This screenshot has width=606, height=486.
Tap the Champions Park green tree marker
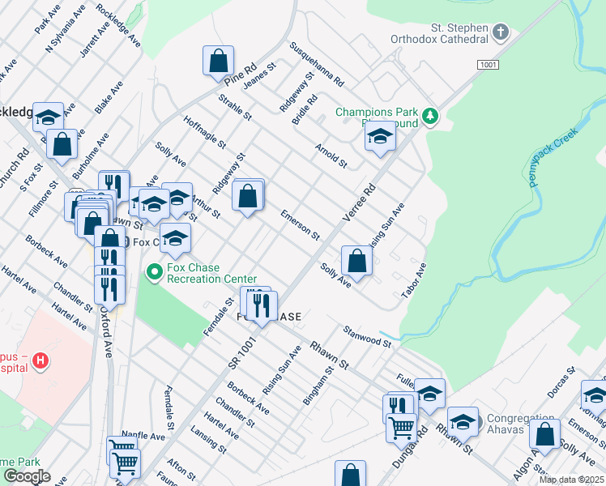[432, 117]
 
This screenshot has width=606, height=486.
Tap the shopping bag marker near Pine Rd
[218, 61]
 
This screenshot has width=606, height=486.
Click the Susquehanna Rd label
[317, 65]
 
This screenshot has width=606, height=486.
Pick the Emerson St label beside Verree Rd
[300, 224]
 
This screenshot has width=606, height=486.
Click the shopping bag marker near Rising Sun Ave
[356, 260]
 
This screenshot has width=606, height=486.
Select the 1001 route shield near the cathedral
[488, 64]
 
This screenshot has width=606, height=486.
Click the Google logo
[27, 476]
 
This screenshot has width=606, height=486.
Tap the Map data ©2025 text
[571, 480]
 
